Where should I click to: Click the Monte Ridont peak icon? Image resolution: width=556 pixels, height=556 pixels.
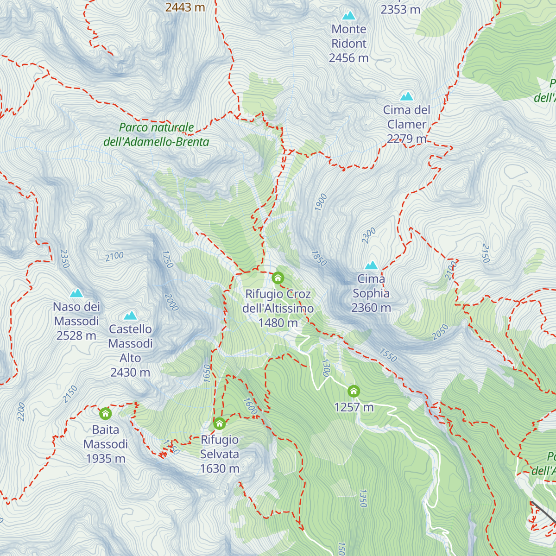(x=348, y=16)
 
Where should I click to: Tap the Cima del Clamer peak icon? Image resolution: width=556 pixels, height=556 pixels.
(x=406, y=96)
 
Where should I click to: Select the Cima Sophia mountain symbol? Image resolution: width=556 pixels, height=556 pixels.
(x=371, y=265)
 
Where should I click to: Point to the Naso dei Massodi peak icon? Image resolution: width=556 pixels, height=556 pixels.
(x=76, y=293)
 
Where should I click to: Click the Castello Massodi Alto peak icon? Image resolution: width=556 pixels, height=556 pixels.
(x=130, y=316)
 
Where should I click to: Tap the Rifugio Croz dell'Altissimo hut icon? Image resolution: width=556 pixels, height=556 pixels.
(x=278, y=278)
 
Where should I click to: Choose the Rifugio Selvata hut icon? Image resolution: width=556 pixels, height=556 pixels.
(x=219, y=423)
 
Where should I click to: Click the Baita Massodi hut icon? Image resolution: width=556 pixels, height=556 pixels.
(x=106, y=413)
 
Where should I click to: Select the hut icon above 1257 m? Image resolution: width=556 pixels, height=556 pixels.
(x=354, y=392)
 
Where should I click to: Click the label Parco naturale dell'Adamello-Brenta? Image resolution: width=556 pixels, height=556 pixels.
(x=157, y=135)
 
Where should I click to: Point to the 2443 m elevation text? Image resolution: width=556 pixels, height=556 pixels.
(x=185, y=7)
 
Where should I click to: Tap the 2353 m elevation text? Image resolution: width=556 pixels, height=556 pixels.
(x=400, y=9)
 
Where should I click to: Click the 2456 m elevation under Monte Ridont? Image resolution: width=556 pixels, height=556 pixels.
(x=348, y=58)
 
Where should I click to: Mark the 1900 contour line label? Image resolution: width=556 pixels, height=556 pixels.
(x=321, y=202)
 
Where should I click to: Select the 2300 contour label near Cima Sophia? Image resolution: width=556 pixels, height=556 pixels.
(x=369, y=236)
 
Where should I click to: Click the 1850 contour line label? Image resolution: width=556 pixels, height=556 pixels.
(x=319, y=258)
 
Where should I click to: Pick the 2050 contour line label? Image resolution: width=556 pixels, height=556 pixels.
(x=440, y=332)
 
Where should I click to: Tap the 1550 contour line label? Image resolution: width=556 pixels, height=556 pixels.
(x=388, y=355)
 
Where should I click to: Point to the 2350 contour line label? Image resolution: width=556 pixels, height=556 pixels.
(x=64, y=259)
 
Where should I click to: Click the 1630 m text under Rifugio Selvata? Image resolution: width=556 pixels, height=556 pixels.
(x=220, y=469)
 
